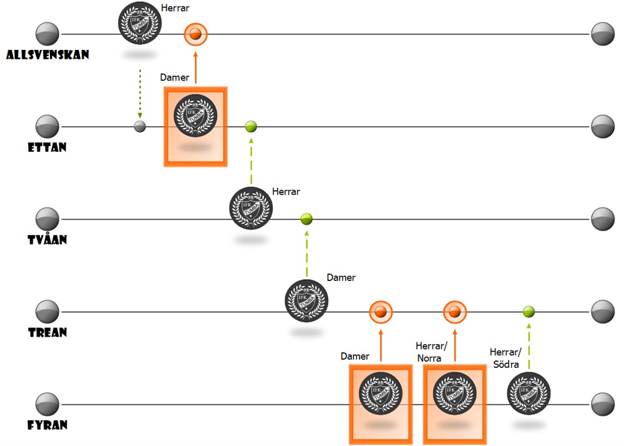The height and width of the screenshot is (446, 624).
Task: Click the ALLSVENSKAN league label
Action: click(47, 55)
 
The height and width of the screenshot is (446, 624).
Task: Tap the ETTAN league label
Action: click(47, 147)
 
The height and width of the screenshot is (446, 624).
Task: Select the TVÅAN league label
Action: click(47, 240)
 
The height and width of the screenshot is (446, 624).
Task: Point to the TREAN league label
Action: click(47, 332)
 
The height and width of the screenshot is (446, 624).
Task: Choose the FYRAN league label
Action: click(47, 425)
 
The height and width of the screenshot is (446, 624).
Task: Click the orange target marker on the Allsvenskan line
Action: click(195, 34)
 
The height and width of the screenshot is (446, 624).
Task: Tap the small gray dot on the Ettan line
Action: click(140, 127)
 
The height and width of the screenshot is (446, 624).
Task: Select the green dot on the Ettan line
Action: click(251, 127)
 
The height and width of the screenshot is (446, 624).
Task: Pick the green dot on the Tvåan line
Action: click(306, 219)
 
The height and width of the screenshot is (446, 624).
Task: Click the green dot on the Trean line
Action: click(529, 311)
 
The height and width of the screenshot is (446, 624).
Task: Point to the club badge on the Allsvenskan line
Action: click(140, 23)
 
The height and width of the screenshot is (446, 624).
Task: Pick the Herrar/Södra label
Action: click(504, 358)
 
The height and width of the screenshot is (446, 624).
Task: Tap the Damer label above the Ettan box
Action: click(175, 77)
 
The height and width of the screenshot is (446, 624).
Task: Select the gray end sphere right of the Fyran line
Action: click(603, 404)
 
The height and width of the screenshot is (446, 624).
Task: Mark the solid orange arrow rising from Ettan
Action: click(195, 68)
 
